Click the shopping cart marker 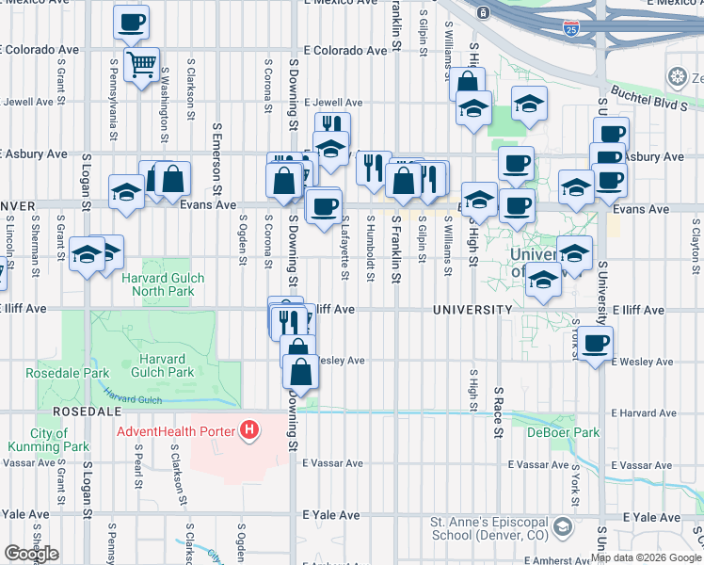(x=141, y=66)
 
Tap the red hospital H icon (x=248, y=431)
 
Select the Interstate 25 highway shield (x=571, y=29)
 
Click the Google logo (x=31, y=554)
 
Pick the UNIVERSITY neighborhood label (x=472, y=309)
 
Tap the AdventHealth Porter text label (x=176, y=432)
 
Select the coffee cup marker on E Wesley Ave (x=595, y=345)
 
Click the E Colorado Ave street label (x=344, y=51)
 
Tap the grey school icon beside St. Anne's (x=563, y=525)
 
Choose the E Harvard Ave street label (x=643, y=412)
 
